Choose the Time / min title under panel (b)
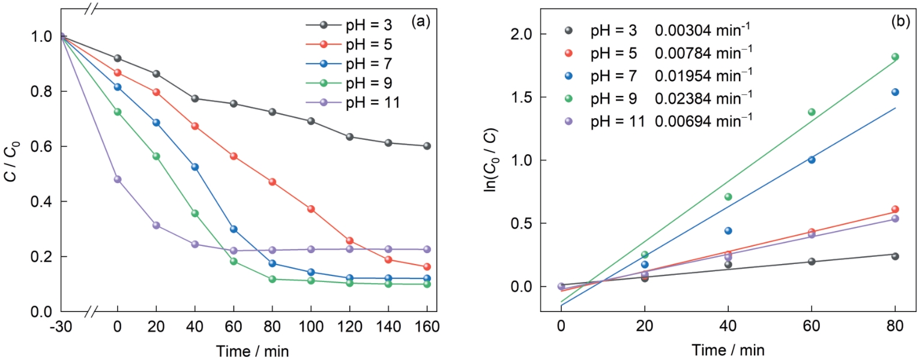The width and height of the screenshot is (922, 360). pos(728,349)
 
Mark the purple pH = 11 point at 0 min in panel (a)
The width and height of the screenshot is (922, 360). pos(118,179)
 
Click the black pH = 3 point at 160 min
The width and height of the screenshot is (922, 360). pos(427,146)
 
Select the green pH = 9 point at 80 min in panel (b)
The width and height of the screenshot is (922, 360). pos(895,57)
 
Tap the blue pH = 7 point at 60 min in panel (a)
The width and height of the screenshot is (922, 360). pos(234,229)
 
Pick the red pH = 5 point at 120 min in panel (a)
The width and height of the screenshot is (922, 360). pos(349,241)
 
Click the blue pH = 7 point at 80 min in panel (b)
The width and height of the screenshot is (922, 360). pos(895,92)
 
